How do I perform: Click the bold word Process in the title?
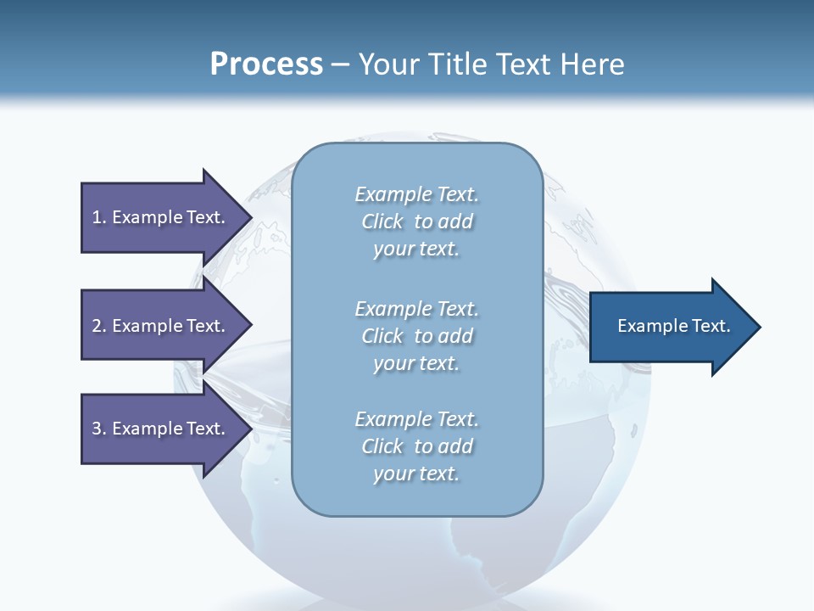[x=266, y=64]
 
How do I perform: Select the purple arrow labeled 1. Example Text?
[x=161, y=217]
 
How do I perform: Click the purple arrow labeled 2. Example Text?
[x=161, y=326]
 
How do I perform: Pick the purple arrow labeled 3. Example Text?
[x=161, y=429]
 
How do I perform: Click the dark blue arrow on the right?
[x=670, y=327]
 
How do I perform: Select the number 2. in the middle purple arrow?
[x=98, y=326]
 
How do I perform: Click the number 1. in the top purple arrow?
[x=98, y=217]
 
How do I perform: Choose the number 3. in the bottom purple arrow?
[x=98, y=429]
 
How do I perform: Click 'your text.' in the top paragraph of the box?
[x=416, y=249]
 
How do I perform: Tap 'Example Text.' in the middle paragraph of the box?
[x=416, y=309]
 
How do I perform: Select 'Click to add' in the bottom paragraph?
[x=416, y=446]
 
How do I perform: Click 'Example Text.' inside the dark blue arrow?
[x=673, y=326]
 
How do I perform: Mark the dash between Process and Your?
[x=341, y=64]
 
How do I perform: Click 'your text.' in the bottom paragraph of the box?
[x=416, y=474]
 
